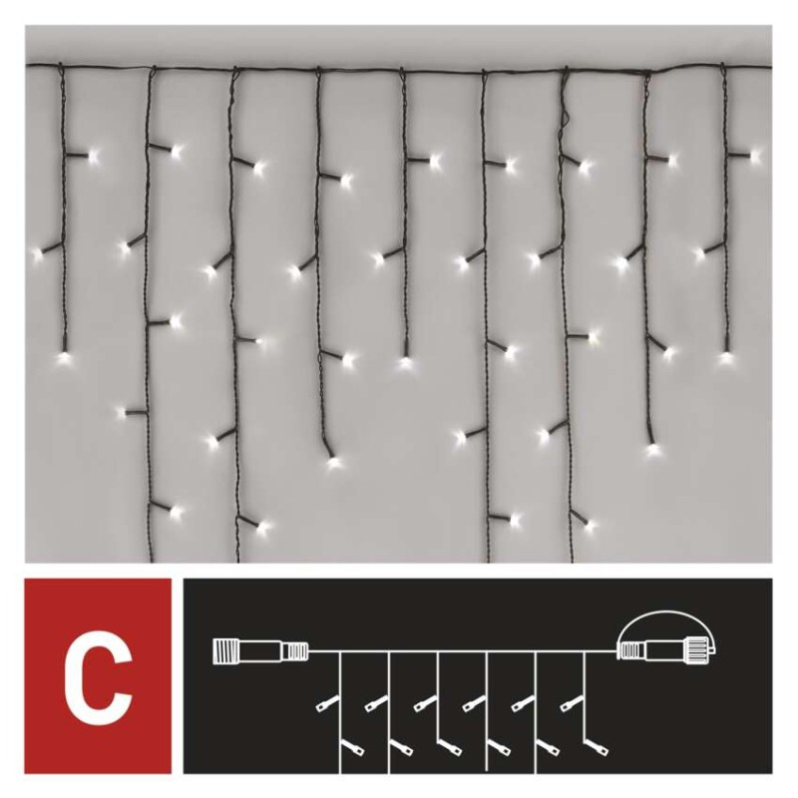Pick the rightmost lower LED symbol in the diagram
point(603,745)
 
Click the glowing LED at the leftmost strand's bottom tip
point(64,354)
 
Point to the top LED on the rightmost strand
point(755,155)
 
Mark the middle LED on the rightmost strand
point(700,253)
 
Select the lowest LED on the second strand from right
point(653,448)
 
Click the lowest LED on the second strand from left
point(178,513)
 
